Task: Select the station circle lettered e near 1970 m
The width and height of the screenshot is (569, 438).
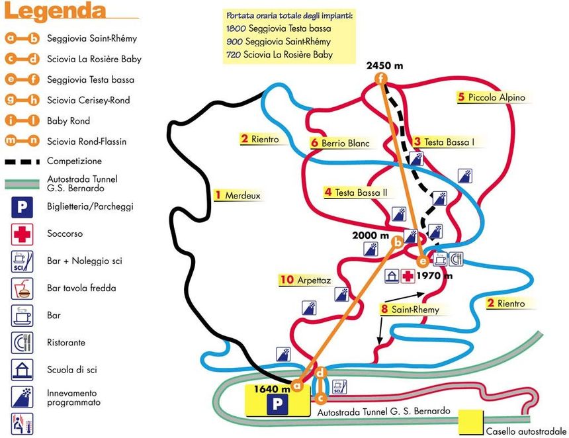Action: tap(423, 259)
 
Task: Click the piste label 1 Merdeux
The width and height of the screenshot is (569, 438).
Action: tap(238, 195)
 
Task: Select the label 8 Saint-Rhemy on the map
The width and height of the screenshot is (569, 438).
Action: tap(410, 309)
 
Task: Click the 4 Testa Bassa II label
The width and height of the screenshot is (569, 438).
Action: tap(355, 193)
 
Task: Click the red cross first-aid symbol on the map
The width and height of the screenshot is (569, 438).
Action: tap(409, 275)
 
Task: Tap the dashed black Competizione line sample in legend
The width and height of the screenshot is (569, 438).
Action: tap(22, 161)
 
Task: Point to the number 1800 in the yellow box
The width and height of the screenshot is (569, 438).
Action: tap(236, 29)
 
